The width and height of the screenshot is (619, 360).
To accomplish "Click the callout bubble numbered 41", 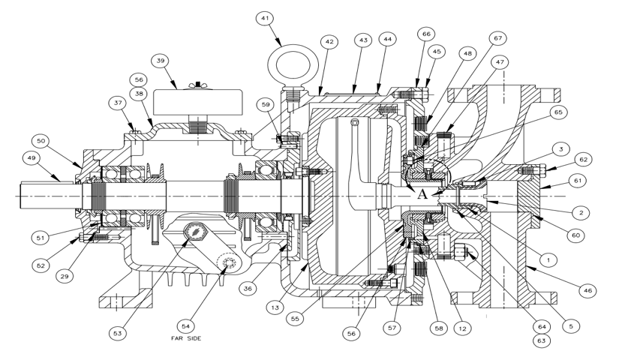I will tap(266, 17).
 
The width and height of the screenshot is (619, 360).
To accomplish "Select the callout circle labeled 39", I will tap(160, 60).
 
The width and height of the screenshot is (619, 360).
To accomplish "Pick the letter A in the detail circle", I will tap(423, 193).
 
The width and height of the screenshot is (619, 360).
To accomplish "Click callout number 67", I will tap(498, 38).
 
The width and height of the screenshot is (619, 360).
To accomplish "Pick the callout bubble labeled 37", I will tap(119, 103).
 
